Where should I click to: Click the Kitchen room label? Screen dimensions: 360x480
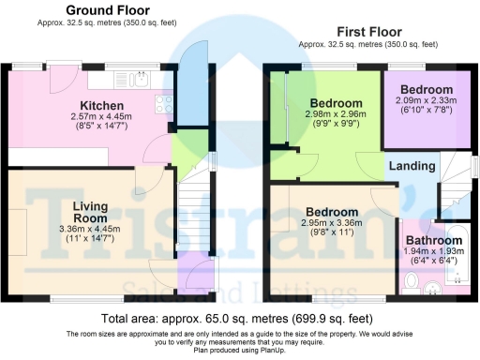coord(97,104)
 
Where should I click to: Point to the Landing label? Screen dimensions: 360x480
coord(412,166)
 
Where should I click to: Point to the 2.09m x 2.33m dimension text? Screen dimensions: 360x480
coord(424,99)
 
